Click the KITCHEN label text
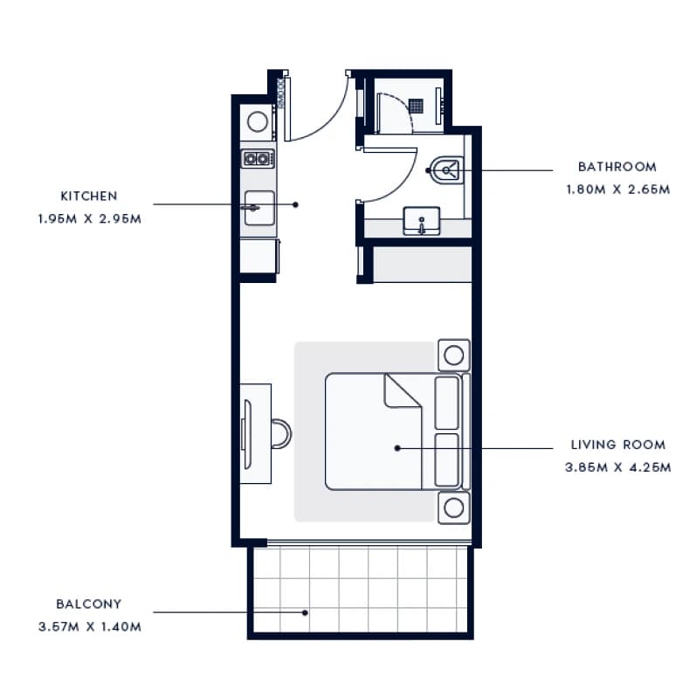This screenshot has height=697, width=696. pos(89,196)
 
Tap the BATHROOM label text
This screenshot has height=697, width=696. pos(617,167)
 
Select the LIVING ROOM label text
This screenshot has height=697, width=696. pos(618,445)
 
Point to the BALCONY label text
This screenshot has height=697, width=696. pos(89,604)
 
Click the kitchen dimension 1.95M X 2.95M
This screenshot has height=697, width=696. pos(90,218)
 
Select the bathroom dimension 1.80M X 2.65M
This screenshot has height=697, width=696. pos(618,190)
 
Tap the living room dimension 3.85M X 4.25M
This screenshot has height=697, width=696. pos(618,467)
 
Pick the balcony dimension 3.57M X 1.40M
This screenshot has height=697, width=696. pos(90,627)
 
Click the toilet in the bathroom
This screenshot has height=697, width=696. pos(447,170)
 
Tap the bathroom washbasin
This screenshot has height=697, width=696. pos(421,221)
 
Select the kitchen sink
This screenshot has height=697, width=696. pos(259,208)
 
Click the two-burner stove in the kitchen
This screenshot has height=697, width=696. pos(258,158)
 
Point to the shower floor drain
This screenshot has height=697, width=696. pos(417,106)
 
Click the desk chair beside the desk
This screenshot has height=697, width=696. pos(281,433)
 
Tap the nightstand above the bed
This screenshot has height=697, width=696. pos(454,355)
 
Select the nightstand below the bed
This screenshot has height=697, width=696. pos(454,507)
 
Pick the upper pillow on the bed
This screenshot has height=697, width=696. pos(447,403)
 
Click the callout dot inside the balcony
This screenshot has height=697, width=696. pos(305,612)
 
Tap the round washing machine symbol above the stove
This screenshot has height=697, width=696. pos(258,121)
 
